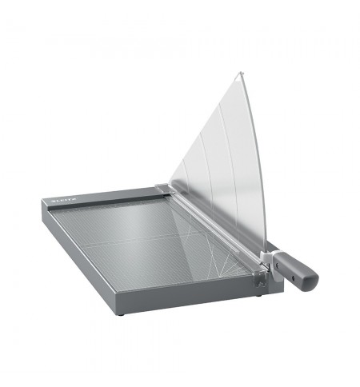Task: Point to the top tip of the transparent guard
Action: [x=241, y=74]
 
